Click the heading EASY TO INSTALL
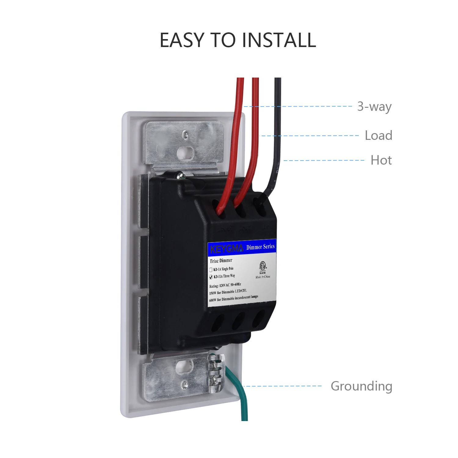coord(238,40)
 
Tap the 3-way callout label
coord(374,107)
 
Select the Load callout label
coord(378,135)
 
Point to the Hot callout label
coord(381,160)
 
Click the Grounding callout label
coord(362,386)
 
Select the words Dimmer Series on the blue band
coord(260,247)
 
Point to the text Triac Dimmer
coord(221,260)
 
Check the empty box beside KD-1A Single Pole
coord(211,270)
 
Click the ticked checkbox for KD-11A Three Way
coord(211,277)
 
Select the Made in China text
coord(263,277)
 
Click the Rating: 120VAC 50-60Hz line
coord(225,285)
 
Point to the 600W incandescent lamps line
coord(234,298)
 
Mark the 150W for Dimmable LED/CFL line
coord(228,292)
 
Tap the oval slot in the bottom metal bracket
coord(183,365)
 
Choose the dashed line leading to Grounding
coord(282,386)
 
